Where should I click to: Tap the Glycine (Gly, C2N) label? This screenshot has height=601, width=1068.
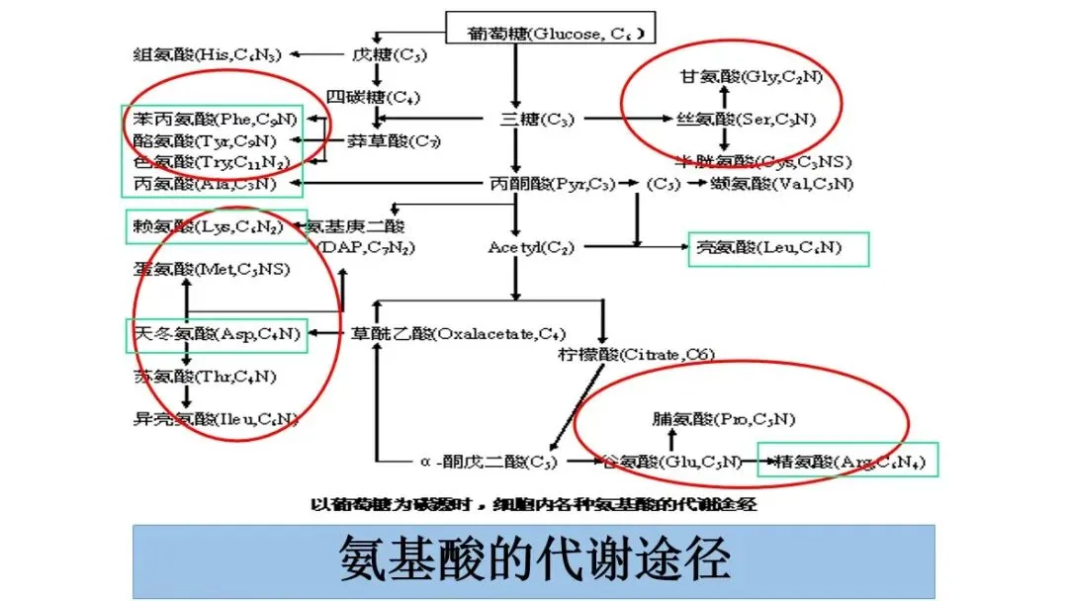[x=748, y=76]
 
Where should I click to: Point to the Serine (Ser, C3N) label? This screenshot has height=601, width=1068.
[x=747, y=120]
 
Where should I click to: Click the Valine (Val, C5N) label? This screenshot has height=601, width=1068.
[x=781, y=184]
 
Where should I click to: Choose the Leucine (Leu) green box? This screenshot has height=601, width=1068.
[x=778, y=248]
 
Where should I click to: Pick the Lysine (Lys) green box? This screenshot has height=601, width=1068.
[x=204, y=227]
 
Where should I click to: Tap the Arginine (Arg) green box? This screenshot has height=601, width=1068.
[x=847, y=461]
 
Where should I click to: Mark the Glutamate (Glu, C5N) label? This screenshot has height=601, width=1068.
[x=671, y=461]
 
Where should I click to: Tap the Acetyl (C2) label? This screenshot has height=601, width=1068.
[x=530, y=248]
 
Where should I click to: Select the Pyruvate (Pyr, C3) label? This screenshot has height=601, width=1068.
[x=552, y=184]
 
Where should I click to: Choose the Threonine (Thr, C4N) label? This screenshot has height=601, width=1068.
[x=205, y=377]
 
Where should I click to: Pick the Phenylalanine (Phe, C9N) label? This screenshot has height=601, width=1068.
[x=214, y=120]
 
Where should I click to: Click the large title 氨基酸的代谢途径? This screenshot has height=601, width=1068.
[x=534, y=560]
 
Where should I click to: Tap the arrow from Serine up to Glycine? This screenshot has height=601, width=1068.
[x=724, y=98]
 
